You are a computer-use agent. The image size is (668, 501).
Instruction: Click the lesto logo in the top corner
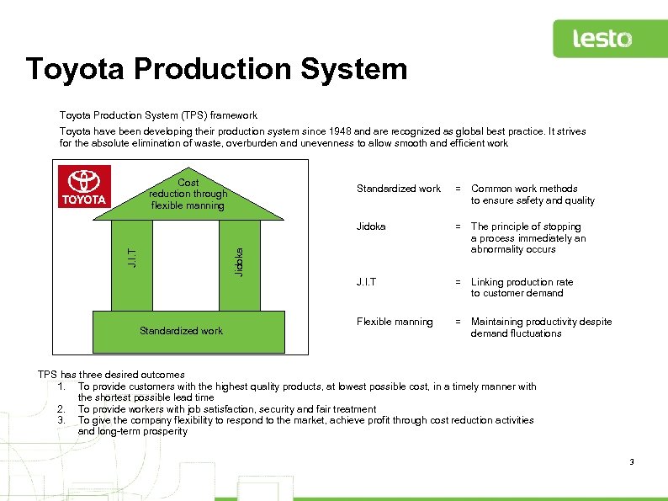pyautogui.click(x=602, y=39)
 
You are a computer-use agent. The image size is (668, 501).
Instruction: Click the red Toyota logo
pyautogui.click(x=83, y=186)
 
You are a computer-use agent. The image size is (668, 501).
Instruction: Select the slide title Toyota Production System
pyautogui.click(x=216, y=69)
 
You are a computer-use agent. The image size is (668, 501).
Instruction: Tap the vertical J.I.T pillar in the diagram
pyautogui.click(x=131, y=253)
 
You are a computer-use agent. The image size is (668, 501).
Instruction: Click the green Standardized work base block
pyautogui.click(x=181, y=331)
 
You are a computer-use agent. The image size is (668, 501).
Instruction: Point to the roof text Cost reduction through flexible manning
pyautogui.click(x=188, y=195)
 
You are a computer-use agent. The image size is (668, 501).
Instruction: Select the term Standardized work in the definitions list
pyautogui.click(x=398, y=189)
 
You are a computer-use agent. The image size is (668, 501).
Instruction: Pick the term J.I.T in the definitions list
pyautogui.click(x=366, y=282)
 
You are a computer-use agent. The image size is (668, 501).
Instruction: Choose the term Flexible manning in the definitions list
pyautogui.click(x=395, y=322)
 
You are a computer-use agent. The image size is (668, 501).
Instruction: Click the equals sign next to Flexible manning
pyautogui.click(x=459, y=322)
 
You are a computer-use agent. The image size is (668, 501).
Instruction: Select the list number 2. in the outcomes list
pyautogui.click(x=63, y=409)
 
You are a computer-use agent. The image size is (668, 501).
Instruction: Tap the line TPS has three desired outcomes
pyautogui.click(x=111, y=375)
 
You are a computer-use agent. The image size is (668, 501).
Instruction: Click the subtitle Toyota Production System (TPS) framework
pyautogui.click(x=158, y=115)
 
